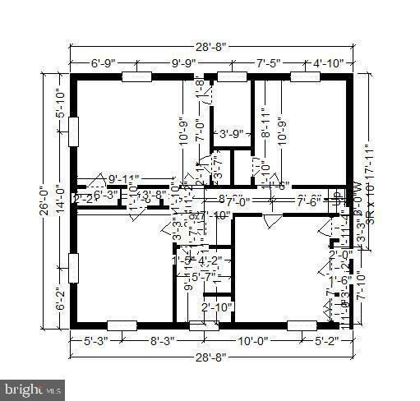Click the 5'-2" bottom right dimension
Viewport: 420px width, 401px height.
321,339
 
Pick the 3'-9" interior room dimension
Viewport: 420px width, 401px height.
230,133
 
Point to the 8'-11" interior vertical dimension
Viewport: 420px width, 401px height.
265,123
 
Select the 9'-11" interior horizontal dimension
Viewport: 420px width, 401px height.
124,178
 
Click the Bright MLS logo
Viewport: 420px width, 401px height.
33,387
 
